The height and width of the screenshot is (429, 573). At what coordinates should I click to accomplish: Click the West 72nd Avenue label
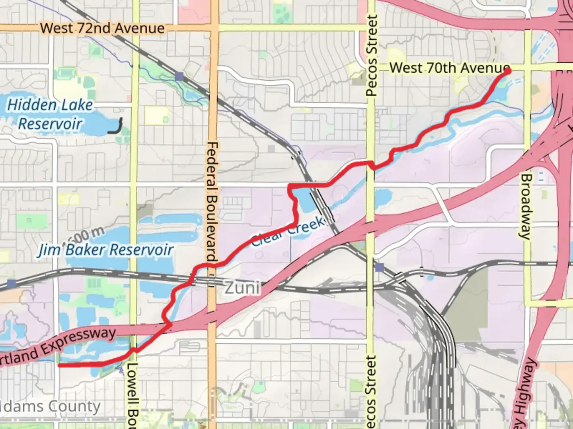102,28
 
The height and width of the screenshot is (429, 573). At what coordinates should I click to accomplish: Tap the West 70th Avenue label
449,68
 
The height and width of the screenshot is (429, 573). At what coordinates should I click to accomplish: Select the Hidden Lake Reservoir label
50,114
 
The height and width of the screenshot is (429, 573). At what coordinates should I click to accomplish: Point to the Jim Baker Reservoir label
106,250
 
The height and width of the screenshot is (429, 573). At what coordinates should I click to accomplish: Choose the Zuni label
242,288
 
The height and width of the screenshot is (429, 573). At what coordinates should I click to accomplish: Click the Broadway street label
526,207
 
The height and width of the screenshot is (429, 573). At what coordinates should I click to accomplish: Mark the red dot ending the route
508,71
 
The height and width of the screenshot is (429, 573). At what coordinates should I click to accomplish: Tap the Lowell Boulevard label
132,395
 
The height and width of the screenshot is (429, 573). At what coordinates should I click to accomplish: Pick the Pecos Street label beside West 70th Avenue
371,56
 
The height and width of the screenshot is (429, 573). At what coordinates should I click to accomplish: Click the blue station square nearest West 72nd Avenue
179,76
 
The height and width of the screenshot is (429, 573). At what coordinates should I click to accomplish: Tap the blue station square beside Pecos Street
380,267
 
